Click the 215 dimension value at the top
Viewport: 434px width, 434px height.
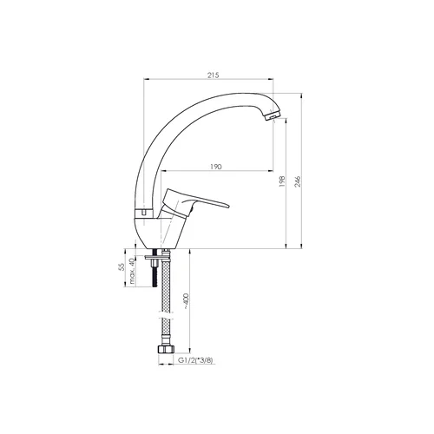pyautogui.click(x=214, y=75)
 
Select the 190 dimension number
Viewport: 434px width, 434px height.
pyautogui.click(x=216, y=167)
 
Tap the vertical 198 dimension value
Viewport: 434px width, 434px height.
pyautogui.click(x=282, y=181)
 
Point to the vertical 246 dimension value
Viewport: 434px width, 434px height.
pyautogui.click(x=298, y=181)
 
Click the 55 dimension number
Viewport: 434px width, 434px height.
pyautogui.click(x=122, y=266)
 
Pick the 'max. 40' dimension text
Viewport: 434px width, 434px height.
pyautogui.click(x=132, y=271)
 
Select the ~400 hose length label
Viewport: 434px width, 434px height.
pyautogui.click(x=186, y=301)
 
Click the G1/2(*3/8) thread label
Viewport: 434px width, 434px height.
pyautogui.click(x=195, y=360)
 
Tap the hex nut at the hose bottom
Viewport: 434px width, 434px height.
pyautogui.click(x=166, y=349)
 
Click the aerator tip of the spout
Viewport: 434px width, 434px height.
pyautogui.click(x=273, y=115)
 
